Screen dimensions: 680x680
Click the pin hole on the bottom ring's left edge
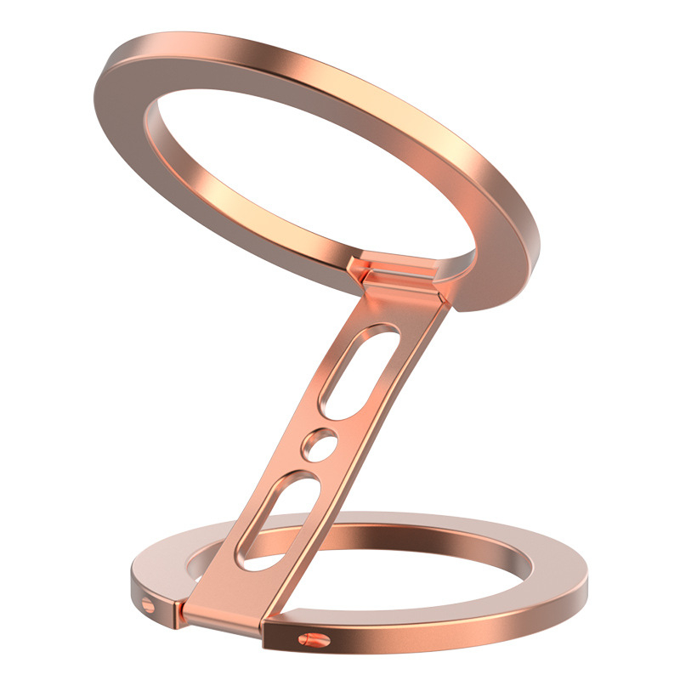click(x=149, y=604)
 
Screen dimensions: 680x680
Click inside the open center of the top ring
click(x=297, y=170)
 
